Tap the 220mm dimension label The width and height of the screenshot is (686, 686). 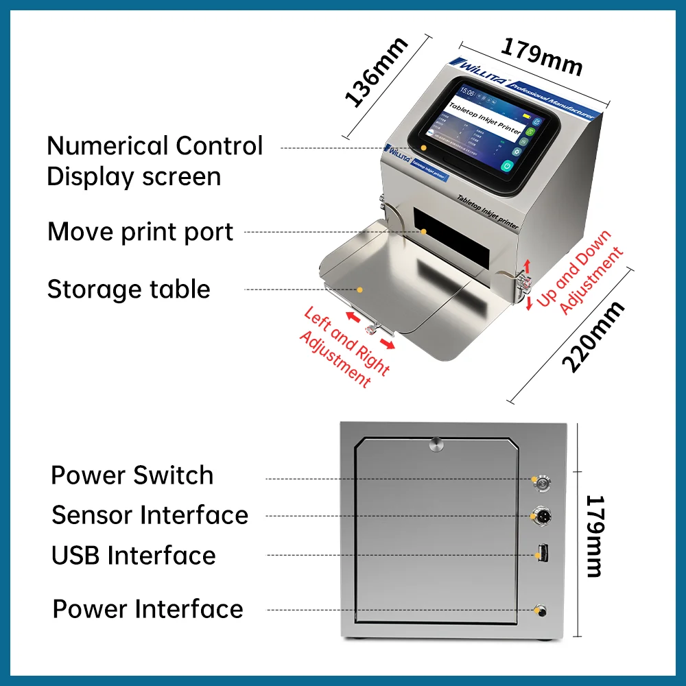(x=593, y=337)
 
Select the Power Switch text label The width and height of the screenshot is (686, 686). (x=132, y=475)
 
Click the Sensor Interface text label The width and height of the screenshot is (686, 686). (x=150, y=515)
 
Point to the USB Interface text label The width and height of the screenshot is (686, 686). (x=134, y=556)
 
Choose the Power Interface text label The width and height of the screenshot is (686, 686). (x=147, y=609)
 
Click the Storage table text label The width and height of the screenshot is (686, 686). (x=128, y=289)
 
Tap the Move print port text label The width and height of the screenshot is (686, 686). (x=141, y=233)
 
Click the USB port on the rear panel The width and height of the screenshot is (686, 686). (x=542, y=552)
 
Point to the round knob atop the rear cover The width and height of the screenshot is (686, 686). (x=436, y=443)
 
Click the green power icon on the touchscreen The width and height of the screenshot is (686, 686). (x=507, y=165)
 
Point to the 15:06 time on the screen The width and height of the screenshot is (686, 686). (x=467, y=91)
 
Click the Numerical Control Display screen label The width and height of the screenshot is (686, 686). (x=154, y=161)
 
